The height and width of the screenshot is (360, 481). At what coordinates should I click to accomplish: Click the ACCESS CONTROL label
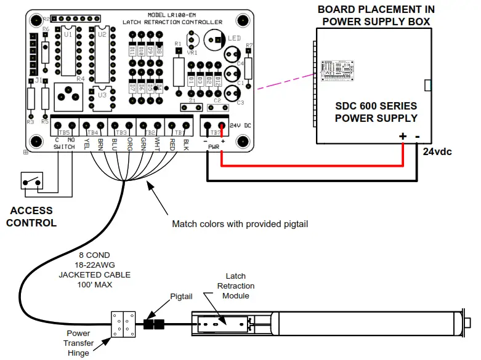(31, 217)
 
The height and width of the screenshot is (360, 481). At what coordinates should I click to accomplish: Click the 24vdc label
(437, 150)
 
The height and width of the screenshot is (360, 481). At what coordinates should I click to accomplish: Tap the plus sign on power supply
(403, 137)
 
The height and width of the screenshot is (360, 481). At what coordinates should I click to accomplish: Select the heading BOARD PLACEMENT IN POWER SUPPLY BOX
(376, 15)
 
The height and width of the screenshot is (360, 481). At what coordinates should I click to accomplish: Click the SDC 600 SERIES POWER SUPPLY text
(376, 112)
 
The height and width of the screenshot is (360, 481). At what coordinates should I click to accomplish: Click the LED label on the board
(235, 38)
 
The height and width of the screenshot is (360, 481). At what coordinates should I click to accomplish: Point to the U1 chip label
(68, 35)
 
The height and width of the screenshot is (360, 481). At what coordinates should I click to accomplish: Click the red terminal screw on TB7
(220, 128)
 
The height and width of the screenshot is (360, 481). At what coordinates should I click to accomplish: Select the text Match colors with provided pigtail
(240, 224)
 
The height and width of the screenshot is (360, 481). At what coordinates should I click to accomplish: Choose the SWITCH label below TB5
(64, 148)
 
